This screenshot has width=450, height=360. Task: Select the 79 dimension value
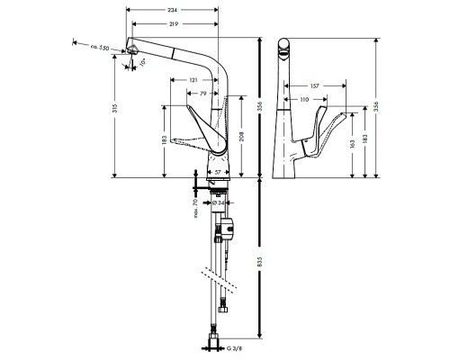point(203,93)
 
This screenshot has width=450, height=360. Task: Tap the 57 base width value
point(217,170)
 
